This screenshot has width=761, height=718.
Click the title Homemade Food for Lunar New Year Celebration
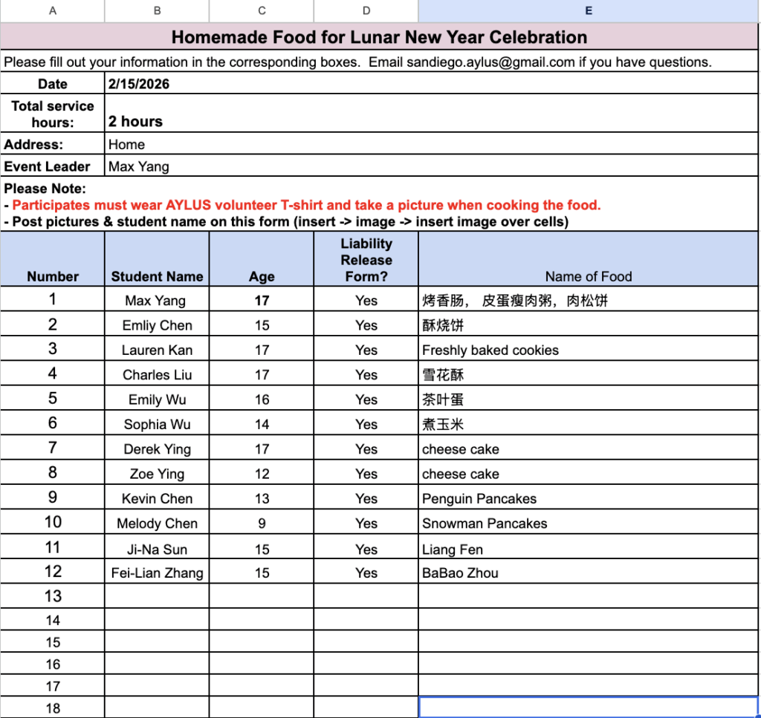tap(379, 37)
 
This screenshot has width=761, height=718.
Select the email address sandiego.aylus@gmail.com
tap(490, 62)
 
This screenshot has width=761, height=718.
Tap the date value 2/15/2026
tap(139, 84)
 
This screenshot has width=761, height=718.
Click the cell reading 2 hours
tap(135, 122)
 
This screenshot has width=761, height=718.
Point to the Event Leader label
tap(48, 166)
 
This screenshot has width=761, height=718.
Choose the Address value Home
tap(126, 144)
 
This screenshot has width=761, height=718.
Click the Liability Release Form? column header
tap(366, 260)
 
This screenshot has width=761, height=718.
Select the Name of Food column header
tap(588, 276)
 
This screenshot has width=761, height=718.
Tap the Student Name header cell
tap(157, 276)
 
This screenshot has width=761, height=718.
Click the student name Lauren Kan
tap(157, 350)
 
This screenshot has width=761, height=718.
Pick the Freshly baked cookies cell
tap(490, 350)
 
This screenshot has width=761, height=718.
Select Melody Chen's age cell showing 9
tap(262, 523)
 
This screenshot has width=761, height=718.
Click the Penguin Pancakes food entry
tap(479, 499)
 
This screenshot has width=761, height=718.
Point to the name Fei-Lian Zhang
tap(157, 573)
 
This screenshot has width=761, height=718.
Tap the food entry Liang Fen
tap(453, 549)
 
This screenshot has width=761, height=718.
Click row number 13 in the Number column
tap(53, 596)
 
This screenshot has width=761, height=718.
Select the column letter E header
tap(589, 10)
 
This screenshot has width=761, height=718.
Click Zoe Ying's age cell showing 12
tap(262, 474)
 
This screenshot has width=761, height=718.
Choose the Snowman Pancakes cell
tap(485, 523)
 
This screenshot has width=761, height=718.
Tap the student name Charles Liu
tap(157, 375)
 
